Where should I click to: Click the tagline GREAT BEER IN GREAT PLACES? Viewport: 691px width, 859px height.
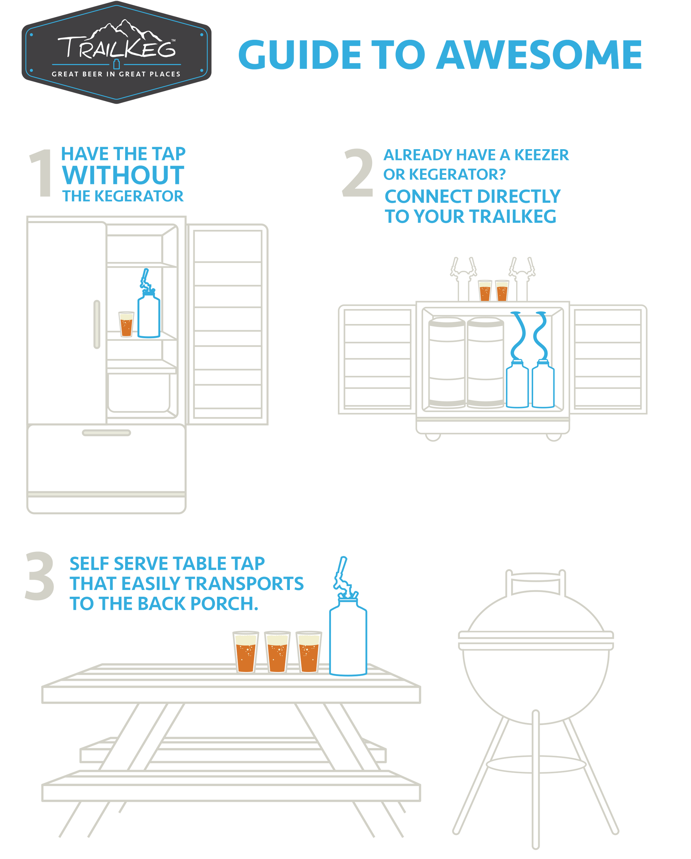tap(116, 74)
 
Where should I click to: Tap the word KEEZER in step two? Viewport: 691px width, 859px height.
tap(541, 155)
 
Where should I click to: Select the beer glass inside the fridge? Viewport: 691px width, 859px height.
tap(126, 324)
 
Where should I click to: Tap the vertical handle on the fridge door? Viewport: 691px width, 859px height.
tap(97, 324)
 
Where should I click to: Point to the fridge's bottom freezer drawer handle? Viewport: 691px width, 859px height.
tap(106, 433)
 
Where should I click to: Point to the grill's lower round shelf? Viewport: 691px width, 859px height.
tap(535, 764)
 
